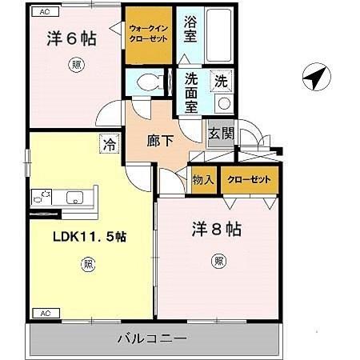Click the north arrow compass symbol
[317, 78]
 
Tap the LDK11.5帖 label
[90, 236]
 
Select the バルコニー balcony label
[155, 338]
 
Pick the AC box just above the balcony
[45, 313]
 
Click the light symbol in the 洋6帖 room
[75, 66]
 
